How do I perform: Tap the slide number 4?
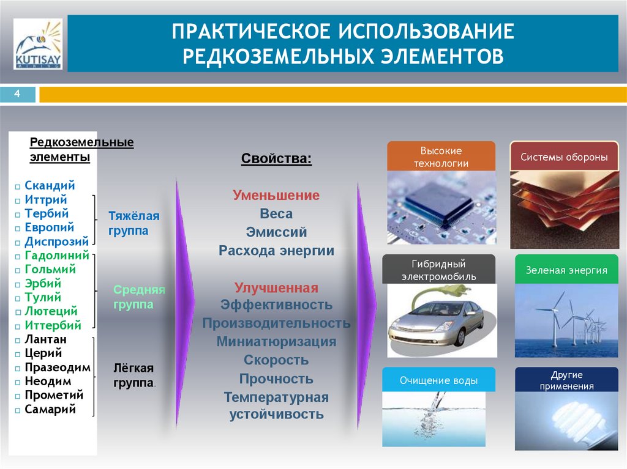click(17, 94)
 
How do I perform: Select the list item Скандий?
click(50, 185)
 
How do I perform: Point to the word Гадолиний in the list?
click(57, 255)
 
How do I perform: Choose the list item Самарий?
click(50, 409)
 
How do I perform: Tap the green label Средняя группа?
click(139, 297)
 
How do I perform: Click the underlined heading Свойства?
click(276, 159)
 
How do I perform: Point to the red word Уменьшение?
click(276, 196)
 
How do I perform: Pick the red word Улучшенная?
click(276, 288)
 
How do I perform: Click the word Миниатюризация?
click(276, 342)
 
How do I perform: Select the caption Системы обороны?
click(564, 157)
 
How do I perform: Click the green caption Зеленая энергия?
click(566, 270)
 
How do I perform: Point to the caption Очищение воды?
click(438, 380)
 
